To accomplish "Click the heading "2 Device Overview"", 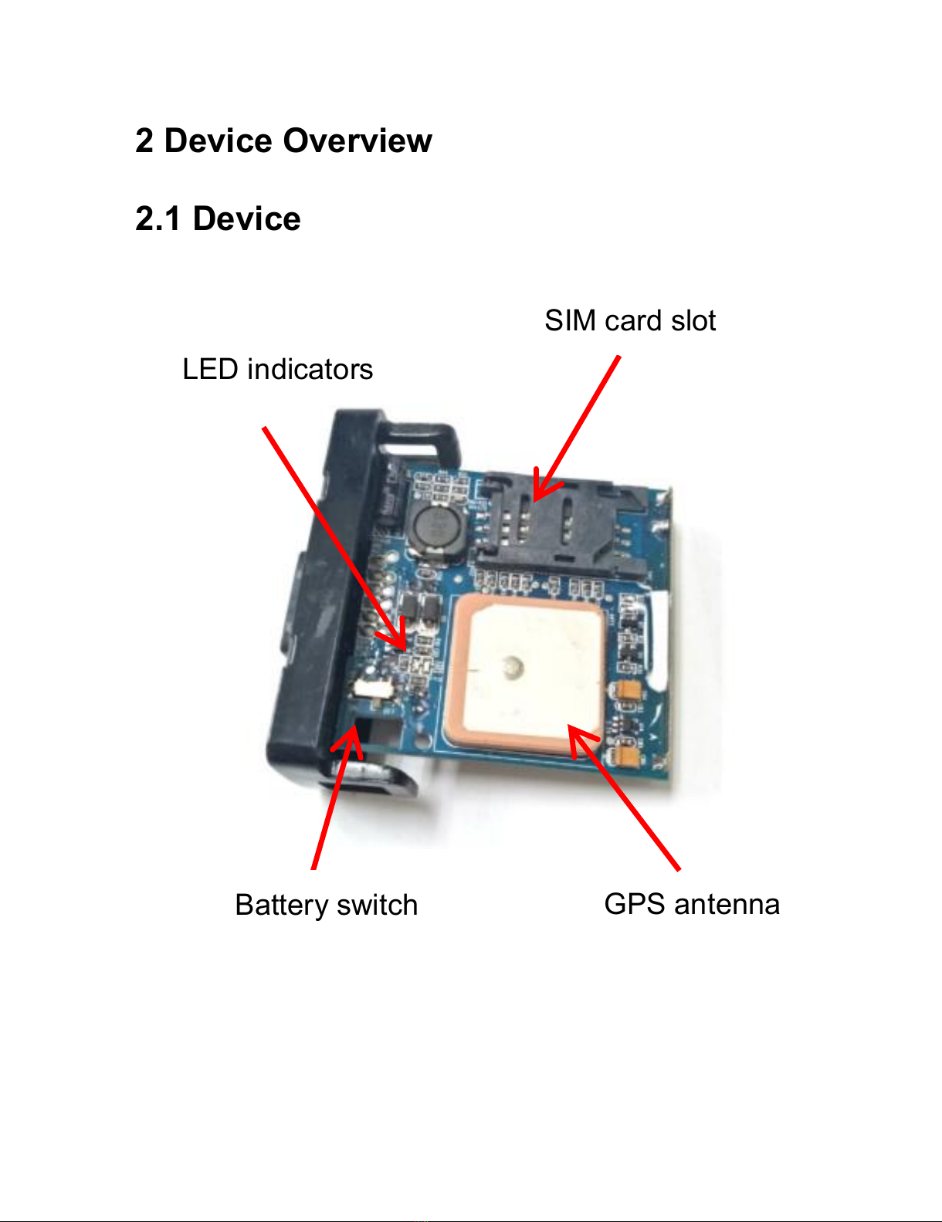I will [283, 141].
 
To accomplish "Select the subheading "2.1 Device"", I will [218, 219].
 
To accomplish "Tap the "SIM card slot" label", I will [630, 321].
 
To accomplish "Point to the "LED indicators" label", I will [277, 370].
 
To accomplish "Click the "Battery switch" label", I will [326, 905].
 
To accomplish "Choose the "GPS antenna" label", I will [692, 904].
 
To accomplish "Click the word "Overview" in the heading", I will [357, 141].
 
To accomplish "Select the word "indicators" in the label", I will [310, 370].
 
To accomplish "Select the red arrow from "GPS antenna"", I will [625, 799].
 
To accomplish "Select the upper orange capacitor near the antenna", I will [629, 690].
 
